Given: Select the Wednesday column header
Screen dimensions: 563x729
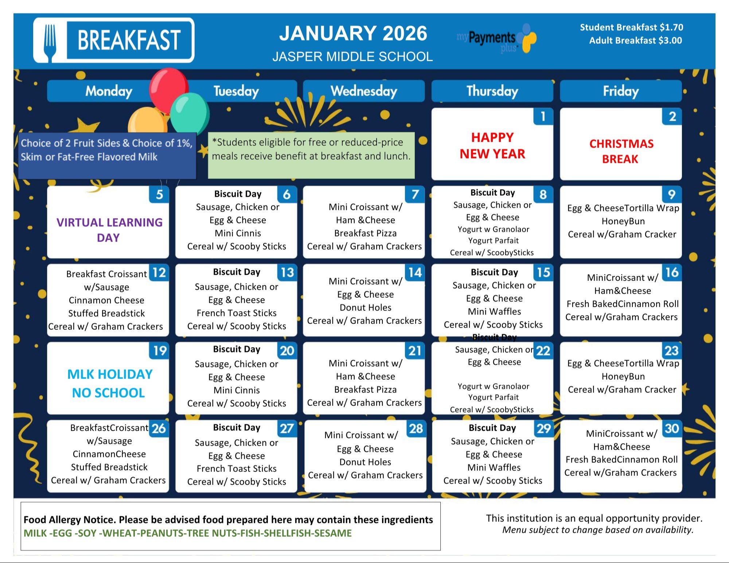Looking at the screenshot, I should pos(363,91).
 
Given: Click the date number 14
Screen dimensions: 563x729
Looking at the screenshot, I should pos(415,273).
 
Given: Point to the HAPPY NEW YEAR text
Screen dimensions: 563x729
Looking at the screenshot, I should pos(492,146).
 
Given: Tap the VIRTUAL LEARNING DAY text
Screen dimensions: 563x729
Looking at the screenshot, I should pos(109,230).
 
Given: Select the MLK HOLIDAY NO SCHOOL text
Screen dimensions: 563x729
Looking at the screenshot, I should pos(109,383).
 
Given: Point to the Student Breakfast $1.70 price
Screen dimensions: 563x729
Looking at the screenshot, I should pos(631,27).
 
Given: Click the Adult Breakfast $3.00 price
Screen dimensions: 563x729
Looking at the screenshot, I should pos(635,40).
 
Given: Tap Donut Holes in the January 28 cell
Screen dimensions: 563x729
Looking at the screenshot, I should pos(365,462).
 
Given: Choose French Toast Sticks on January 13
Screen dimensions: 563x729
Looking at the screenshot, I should pos(237,313).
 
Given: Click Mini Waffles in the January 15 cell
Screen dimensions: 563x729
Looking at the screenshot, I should pos(494,312).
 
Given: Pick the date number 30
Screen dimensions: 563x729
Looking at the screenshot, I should pos(672,429).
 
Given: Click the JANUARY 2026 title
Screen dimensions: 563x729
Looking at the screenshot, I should pos(353,34).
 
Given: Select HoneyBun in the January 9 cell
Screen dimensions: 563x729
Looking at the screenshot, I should pos(623,221).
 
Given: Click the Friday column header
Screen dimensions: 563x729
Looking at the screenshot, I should pos(620,91).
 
